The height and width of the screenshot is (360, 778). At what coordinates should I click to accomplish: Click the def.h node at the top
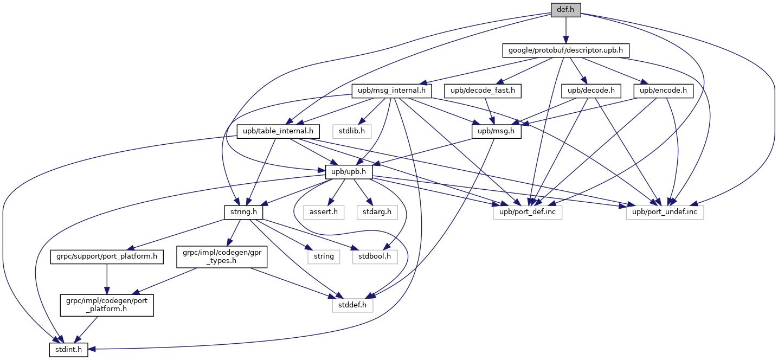565,10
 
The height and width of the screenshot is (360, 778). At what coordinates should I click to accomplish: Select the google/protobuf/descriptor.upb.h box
565,50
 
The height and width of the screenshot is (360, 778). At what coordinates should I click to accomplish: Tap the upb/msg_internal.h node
391,91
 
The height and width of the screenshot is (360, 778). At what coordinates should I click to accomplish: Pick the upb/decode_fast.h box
483,91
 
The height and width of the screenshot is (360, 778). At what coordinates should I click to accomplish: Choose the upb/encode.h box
666,91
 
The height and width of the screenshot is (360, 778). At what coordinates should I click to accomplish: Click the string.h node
243,211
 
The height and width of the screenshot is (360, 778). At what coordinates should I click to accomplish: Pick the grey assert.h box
324,211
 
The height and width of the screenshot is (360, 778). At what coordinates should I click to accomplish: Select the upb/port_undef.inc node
665,211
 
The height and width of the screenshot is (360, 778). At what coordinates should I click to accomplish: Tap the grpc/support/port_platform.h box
106,256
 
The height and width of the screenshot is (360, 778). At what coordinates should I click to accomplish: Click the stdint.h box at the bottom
68,350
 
